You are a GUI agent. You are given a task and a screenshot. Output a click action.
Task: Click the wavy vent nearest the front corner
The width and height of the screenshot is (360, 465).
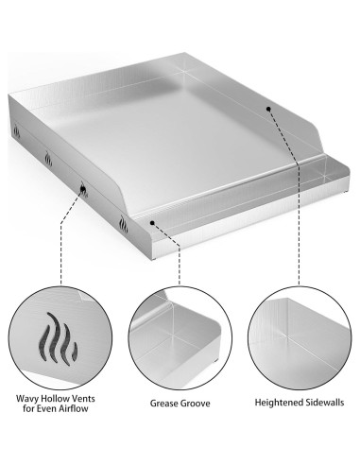tap(123, 227)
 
